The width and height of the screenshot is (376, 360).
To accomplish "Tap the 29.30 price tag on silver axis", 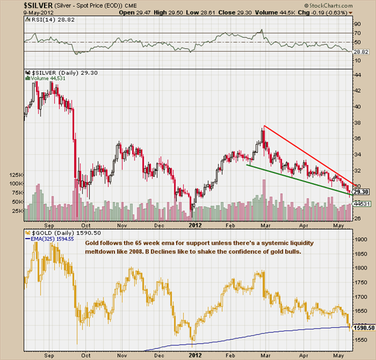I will coord(361,192).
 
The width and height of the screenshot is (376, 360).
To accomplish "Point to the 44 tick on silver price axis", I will coord(358,75).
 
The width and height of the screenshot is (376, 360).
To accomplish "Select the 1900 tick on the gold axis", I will coord(360,239).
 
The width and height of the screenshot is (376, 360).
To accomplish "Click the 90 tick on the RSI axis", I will coord(356,24).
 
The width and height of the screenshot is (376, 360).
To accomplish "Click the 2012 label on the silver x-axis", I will coord(194,223).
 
